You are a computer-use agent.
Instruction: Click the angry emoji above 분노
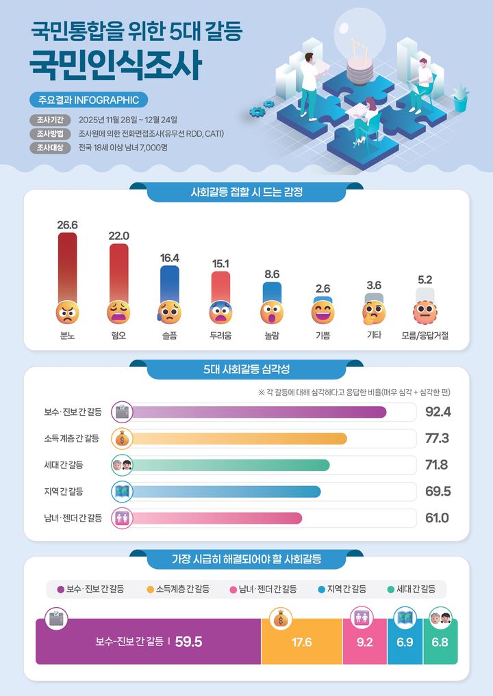[67, 312]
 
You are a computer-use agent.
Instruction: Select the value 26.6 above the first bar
[67, 225]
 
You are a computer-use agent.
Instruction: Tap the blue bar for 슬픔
[169, 284]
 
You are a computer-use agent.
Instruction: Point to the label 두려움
[220, 336]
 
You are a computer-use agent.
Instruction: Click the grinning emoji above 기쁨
[323, 312]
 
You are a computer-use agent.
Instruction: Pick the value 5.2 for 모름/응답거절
[425, 280]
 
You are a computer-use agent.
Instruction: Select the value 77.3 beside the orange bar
[437, 438]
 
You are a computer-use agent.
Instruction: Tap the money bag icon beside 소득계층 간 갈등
[121, 438]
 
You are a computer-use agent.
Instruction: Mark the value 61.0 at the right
[437, 518]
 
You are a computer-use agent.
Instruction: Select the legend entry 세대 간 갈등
[411, 589]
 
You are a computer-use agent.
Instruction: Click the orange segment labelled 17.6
[301, 642]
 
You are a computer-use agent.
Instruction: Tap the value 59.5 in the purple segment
[189, 642]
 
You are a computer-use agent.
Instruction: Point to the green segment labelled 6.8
[440, 643]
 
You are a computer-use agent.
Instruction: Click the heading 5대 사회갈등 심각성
[246, 370]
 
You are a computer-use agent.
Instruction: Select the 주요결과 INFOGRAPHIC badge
[88, 101]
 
